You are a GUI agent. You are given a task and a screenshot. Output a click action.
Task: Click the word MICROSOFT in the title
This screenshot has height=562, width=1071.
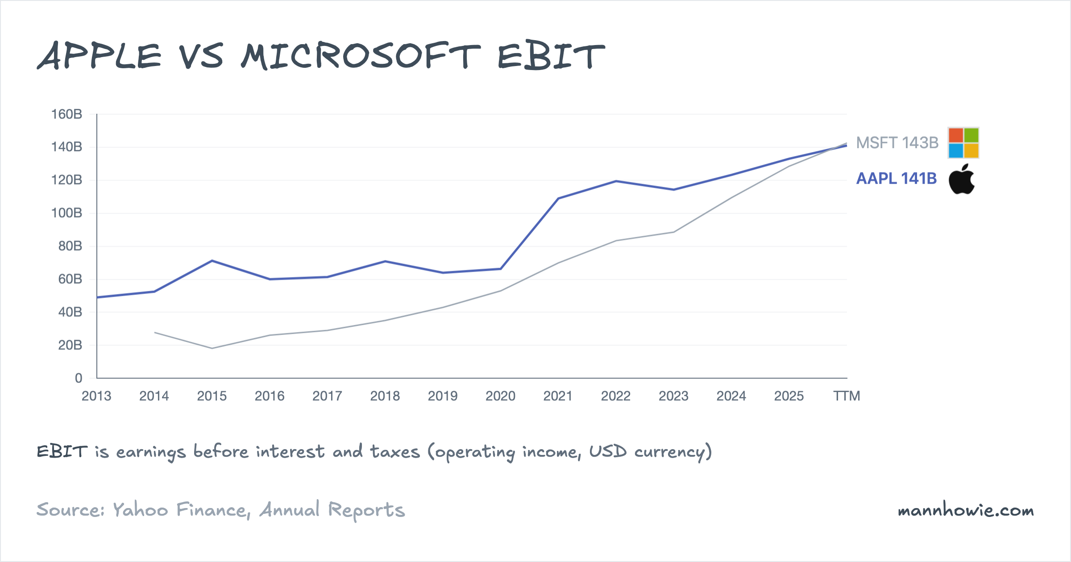[361, 56]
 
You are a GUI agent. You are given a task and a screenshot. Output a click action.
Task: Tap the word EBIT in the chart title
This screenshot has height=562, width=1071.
[551, 56]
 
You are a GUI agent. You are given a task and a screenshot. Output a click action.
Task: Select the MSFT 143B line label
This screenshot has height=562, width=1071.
[897, 143]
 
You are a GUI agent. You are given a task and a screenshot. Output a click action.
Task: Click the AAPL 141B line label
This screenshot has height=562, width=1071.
[896, 178]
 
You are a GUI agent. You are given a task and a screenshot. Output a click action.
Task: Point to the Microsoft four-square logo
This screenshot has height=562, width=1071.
[963, 143]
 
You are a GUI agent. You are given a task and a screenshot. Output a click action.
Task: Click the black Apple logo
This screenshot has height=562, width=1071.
[962, 179]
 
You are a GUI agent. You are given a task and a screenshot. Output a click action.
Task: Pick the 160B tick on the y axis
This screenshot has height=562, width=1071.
[66, 114]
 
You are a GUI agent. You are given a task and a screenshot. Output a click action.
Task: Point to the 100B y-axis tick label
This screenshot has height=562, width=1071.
[66, 213]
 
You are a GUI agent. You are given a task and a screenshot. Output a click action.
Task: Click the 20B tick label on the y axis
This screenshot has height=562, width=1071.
[70, 345]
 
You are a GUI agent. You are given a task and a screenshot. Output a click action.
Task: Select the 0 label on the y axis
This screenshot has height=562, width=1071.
[79, 378]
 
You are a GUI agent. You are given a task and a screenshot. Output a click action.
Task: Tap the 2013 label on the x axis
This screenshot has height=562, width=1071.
[96, 396]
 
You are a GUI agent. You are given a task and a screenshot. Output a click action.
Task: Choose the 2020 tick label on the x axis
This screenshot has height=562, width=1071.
[500, 396]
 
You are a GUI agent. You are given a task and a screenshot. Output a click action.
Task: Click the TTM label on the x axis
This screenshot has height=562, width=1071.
[847, 396]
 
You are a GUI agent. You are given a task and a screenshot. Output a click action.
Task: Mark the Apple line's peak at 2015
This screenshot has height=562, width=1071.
[212, 260]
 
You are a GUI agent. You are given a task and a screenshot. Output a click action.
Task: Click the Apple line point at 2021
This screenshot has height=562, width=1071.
[558, 198]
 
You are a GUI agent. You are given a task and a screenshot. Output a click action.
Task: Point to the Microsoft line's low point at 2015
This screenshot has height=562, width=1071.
[212, 348]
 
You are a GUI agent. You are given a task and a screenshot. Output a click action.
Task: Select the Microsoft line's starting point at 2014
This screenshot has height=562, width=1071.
[154, 332]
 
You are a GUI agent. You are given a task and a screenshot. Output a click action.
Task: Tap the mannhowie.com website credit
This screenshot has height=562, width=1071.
[966, 510]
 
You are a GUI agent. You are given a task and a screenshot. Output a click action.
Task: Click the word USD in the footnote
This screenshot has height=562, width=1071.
[608, 451]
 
